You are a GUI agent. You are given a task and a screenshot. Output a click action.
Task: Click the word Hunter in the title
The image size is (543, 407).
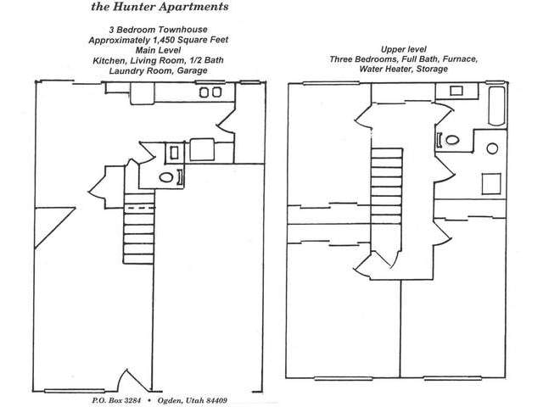click(x=132, y=7)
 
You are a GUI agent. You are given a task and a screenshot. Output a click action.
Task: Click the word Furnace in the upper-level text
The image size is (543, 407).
click(x=460, y=59)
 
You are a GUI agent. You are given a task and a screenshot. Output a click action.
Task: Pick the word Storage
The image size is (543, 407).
click(x=432, y=69)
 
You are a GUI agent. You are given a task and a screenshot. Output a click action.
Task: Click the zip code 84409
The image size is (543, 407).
click(x=217, y=400)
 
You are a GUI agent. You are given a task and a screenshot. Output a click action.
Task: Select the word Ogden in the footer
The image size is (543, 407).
click(x=170, y=401)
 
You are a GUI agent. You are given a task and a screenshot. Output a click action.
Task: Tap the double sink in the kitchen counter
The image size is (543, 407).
click(x=210, y=92)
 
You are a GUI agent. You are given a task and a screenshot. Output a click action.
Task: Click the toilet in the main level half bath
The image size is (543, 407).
click(x=166, y=177)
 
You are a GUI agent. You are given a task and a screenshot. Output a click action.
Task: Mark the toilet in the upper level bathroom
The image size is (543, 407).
click(x=452, y=140)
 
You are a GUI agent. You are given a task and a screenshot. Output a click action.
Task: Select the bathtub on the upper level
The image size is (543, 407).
click(x=496, y=106)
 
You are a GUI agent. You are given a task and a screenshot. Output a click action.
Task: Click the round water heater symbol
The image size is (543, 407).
click(x=492, y=148)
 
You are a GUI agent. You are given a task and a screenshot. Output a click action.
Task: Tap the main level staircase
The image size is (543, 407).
click(x=139, y=228)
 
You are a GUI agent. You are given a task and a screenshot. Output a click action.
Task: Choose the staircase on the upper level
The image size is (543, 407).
click(x=387, y=186)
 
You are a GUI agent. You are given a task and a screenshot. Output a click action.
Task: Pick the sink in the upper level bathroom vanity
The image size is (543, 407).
click(x=456, y=91)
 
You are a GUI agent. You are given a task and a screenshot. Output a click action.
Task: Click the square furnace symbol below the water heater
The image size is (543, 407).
click(x=491, y=184)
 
